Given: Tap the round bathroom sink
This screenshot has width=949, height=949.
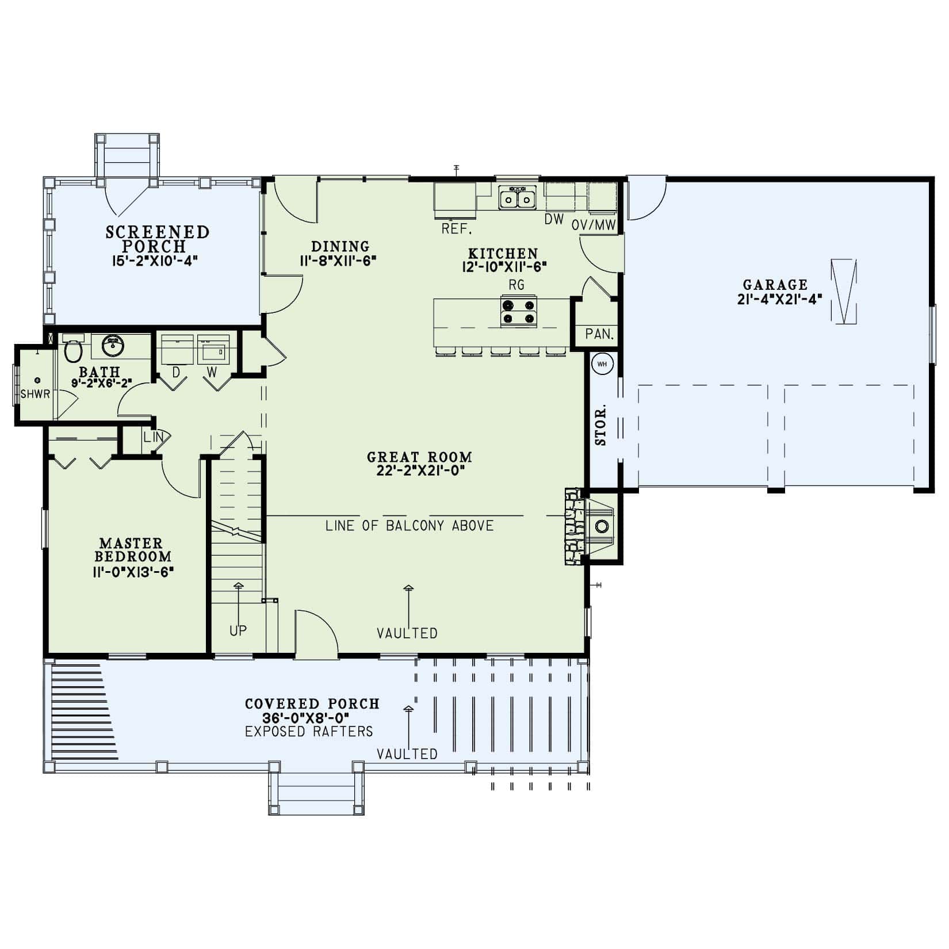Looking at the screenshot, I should tap(113, 346).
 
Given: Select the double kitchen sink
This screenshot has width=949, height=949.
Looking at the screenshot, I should tap(518, 198).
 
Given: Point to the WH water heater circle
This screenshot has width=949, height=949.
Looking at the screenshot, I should tap(602, 363).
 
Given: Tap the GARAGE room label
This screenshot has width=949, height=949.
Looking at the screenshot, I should tap(775, 285).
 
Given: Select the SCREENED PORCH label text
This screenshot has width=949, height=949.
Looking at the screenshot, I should tap(158, 239).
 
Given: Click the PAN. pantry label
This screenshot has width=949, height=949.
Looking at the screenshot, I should tap(599, 334).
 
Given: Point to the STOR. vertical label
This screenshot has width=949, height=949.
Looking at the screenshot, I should tap(601, 425).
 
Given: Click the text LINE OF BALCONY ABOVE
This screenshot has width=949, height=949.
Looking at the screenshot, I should tap(409, 525).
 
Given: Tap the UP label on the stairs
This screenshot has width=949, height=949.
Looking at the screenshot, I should tap(238, 631).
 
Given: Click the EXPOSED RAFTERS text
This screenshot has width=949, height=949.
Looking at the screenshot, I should tap(309, 732).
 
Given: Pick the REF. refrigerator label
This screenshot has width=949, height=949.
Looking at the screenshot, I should tap(457, 229).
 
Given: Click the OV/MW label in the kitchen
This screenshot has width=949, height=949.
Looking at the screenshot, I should tap(594, 225).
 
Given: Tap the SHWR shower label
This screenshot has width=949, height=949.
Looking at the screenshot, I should tap(35, 395).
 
